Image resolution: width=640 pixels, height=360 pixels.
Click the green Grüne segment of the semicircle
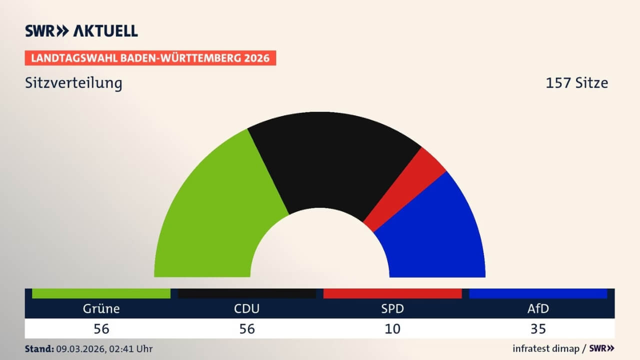tap(215, 210)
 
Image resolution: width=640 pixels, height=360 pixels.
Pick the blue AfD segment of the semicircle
tap(435, 235)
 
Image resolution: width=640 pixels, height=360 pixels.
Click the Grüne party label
tap(101, 308)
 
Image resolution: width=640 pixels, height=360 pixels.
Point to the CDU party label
tap(247, 308)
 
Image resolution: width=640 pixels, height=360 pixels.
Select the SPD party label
tap(392, 308)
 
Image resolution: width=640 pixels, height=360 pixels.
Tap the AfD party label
tap(538, 308)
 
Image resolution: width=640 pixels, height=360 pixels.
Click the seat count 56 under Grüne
tap(101, 328)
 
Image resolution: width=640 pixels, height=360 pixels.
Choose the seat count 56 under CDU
tap(247, 328)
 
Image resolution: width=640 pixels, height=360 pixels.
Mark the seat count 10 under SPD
tap(392, 328)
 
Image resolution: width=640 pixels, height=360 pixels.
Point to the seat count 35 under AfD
tap(538, 328)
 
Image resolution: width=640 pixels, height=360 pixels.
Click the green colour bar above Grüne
tap(101, 293)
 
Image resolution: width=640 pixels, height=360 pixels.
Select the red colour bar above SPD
tap(392, 293)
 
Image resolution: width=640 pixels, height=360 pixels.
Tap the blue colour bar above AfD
tap(538, 293)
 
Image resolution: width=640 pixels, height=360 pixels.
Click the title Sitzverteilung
tap(73, 82)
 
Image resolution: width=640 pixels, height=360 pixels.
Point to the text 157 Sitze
tap(576, 82)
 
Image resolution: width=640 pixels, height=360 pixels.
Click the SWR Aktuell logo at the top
tap(81, 30)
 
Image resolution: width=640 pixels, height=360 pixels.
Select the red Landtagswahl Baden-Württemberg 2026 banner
tap(150, 58)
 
